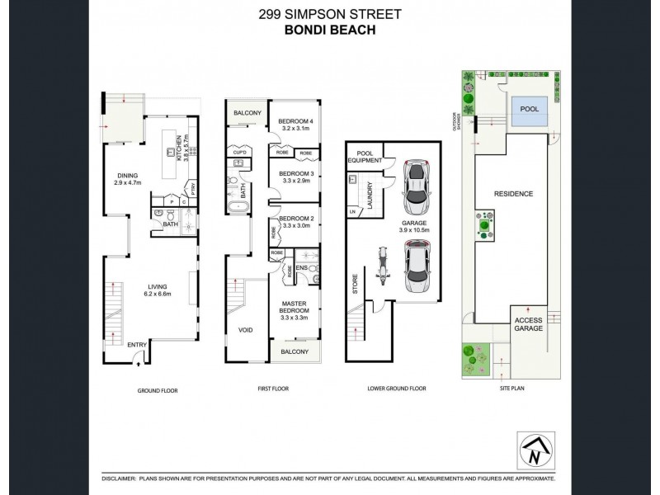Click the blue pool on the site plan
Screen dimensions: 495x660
527,114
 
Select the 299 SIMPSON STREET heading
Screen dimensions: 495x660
329,13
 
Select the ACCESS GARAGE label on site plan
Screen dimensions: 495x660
529,324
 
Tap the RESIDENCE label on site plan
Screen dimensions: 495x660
513,194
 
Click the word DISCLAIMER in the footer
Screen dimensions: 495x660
123,478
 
